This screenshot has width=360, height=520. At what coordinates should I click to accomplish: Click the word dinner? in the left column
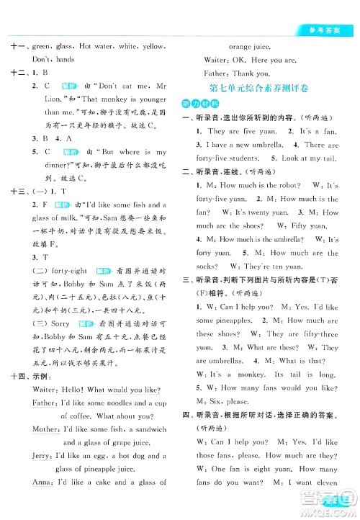click(x=50, y=165)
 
